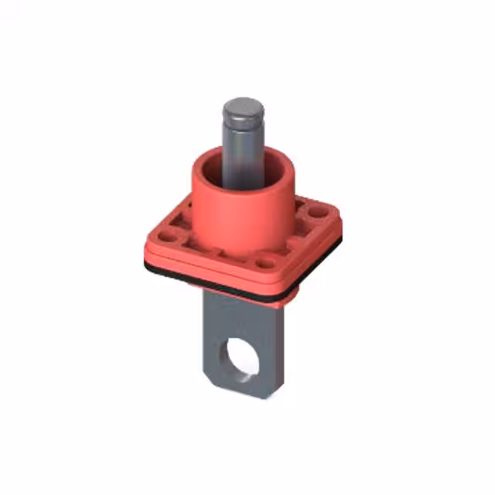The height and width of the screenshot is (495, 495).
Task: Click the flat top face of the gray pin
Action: pyautogui.click(x=243, y=107)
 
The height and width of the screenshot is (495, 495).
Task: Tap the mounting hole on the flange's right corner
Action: pyautogui.click(x=318, y=209)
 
